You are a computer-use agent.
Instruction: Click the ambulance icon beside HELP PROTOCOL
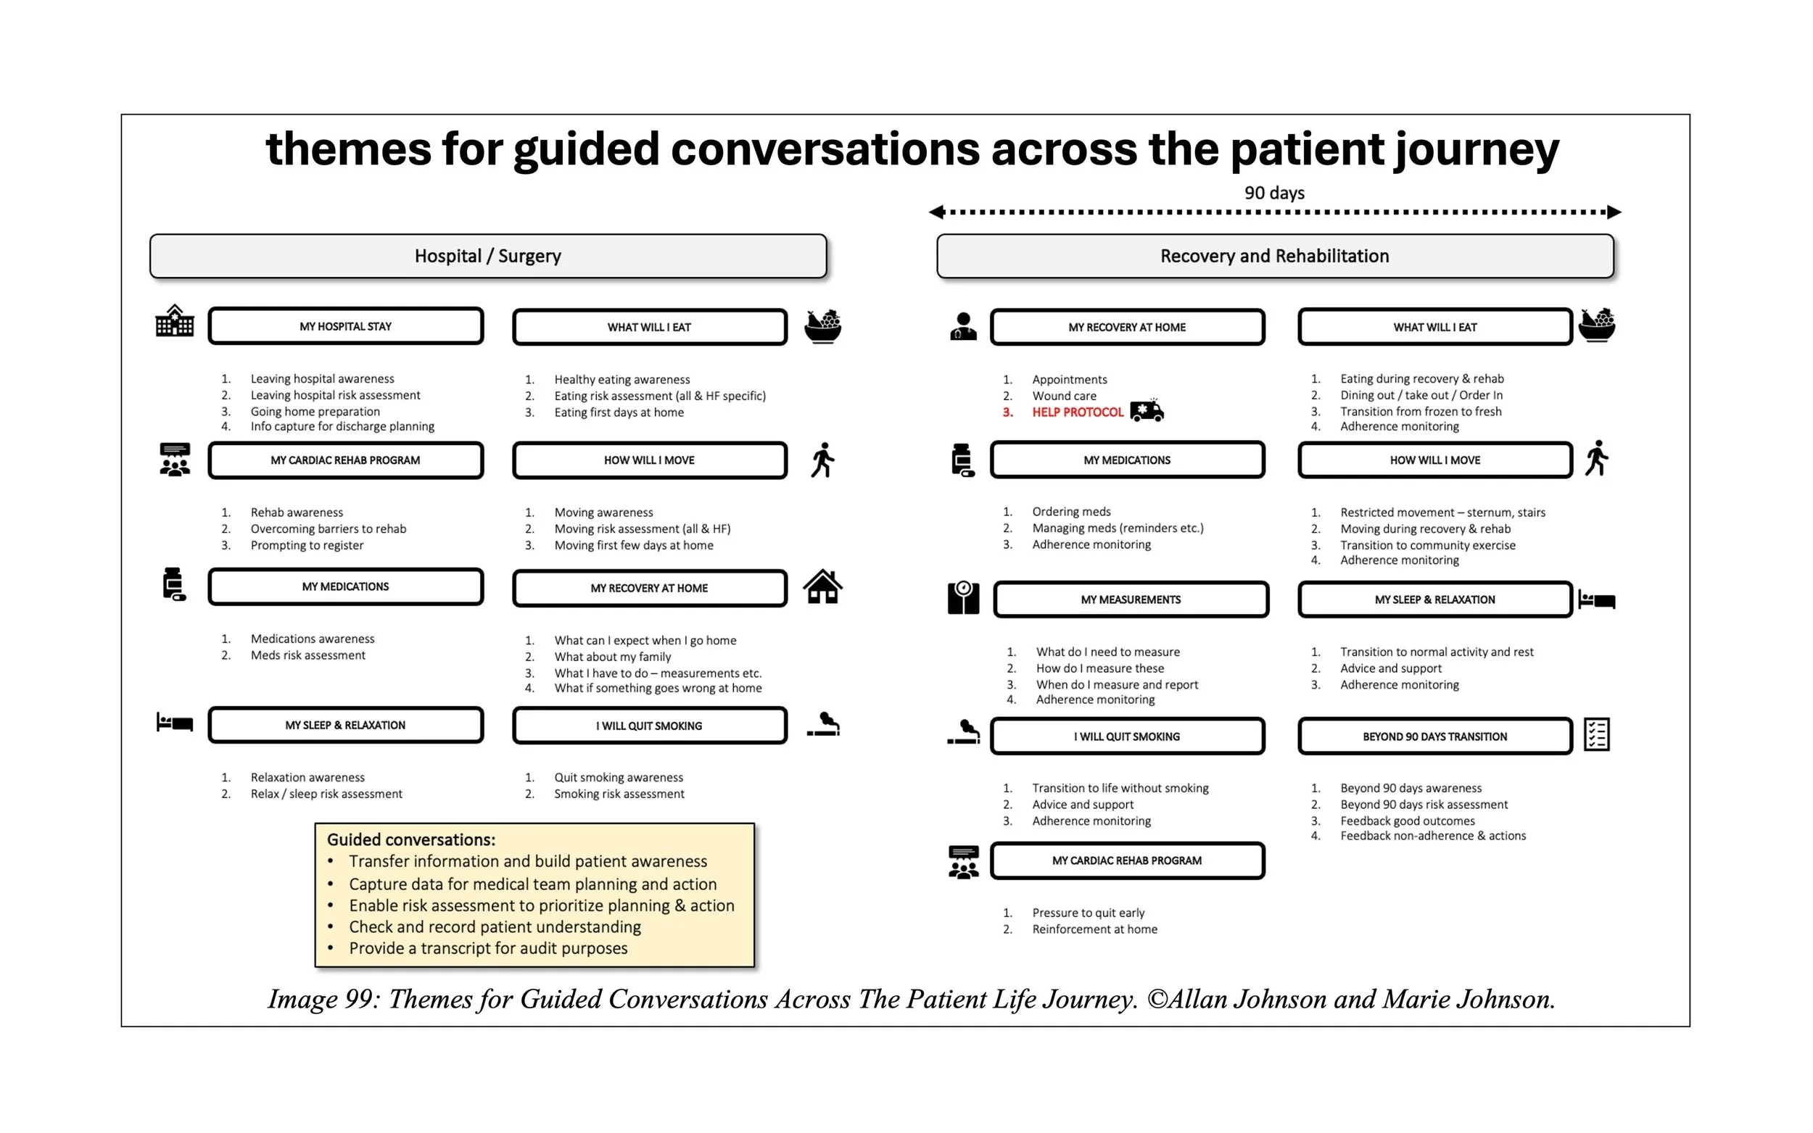1146,410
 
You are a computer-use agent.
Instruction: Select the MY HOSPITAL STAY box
345,326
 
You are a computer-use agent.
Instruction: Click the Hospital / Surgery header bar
488,257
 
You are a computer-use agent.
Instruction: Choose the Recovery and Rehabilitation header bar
1274,257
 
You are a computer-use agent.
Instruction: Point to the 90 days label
1274,193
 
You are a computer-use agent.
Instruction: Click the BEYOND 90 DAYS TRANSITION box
1434,736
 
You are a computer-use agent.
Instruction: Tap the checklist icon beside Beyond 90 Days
1596,734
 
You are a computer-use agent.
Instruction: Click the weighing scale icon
963,598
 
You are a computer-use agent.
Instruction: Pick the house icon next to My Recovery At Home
822,586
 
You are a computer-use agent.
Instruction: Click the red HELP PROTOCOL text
1078,412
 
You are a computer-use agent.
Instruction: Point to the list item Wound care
1065,396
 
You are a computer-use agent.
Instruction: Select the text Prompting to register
307,546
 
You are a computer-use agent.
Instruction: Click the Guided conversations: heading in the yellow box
411,840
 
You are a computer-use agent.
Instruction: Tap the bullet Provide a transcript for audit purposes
488,948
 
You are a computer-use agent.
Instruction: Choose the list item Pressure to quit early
1089,913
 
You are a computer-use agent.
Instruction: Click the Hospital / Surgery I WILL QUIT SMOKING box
649,726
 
